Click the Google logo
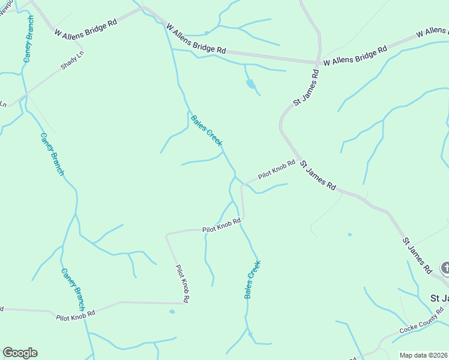tap(20, 353)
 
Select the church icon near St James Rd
tap(445, 267)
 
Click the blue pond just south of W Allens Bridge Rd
tap(250, 85)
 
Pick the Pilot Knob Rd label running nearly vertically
tap(182, 283)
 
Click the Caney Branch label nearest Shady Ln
tap(28, 40)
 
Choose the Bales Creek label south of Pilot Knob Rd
tap(252, 280)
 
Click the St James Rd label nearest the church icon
tap(417, 256)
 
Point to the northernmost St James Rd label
tap(306, 88)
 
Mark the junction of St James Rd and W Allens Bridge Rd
tap(318, 62)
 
